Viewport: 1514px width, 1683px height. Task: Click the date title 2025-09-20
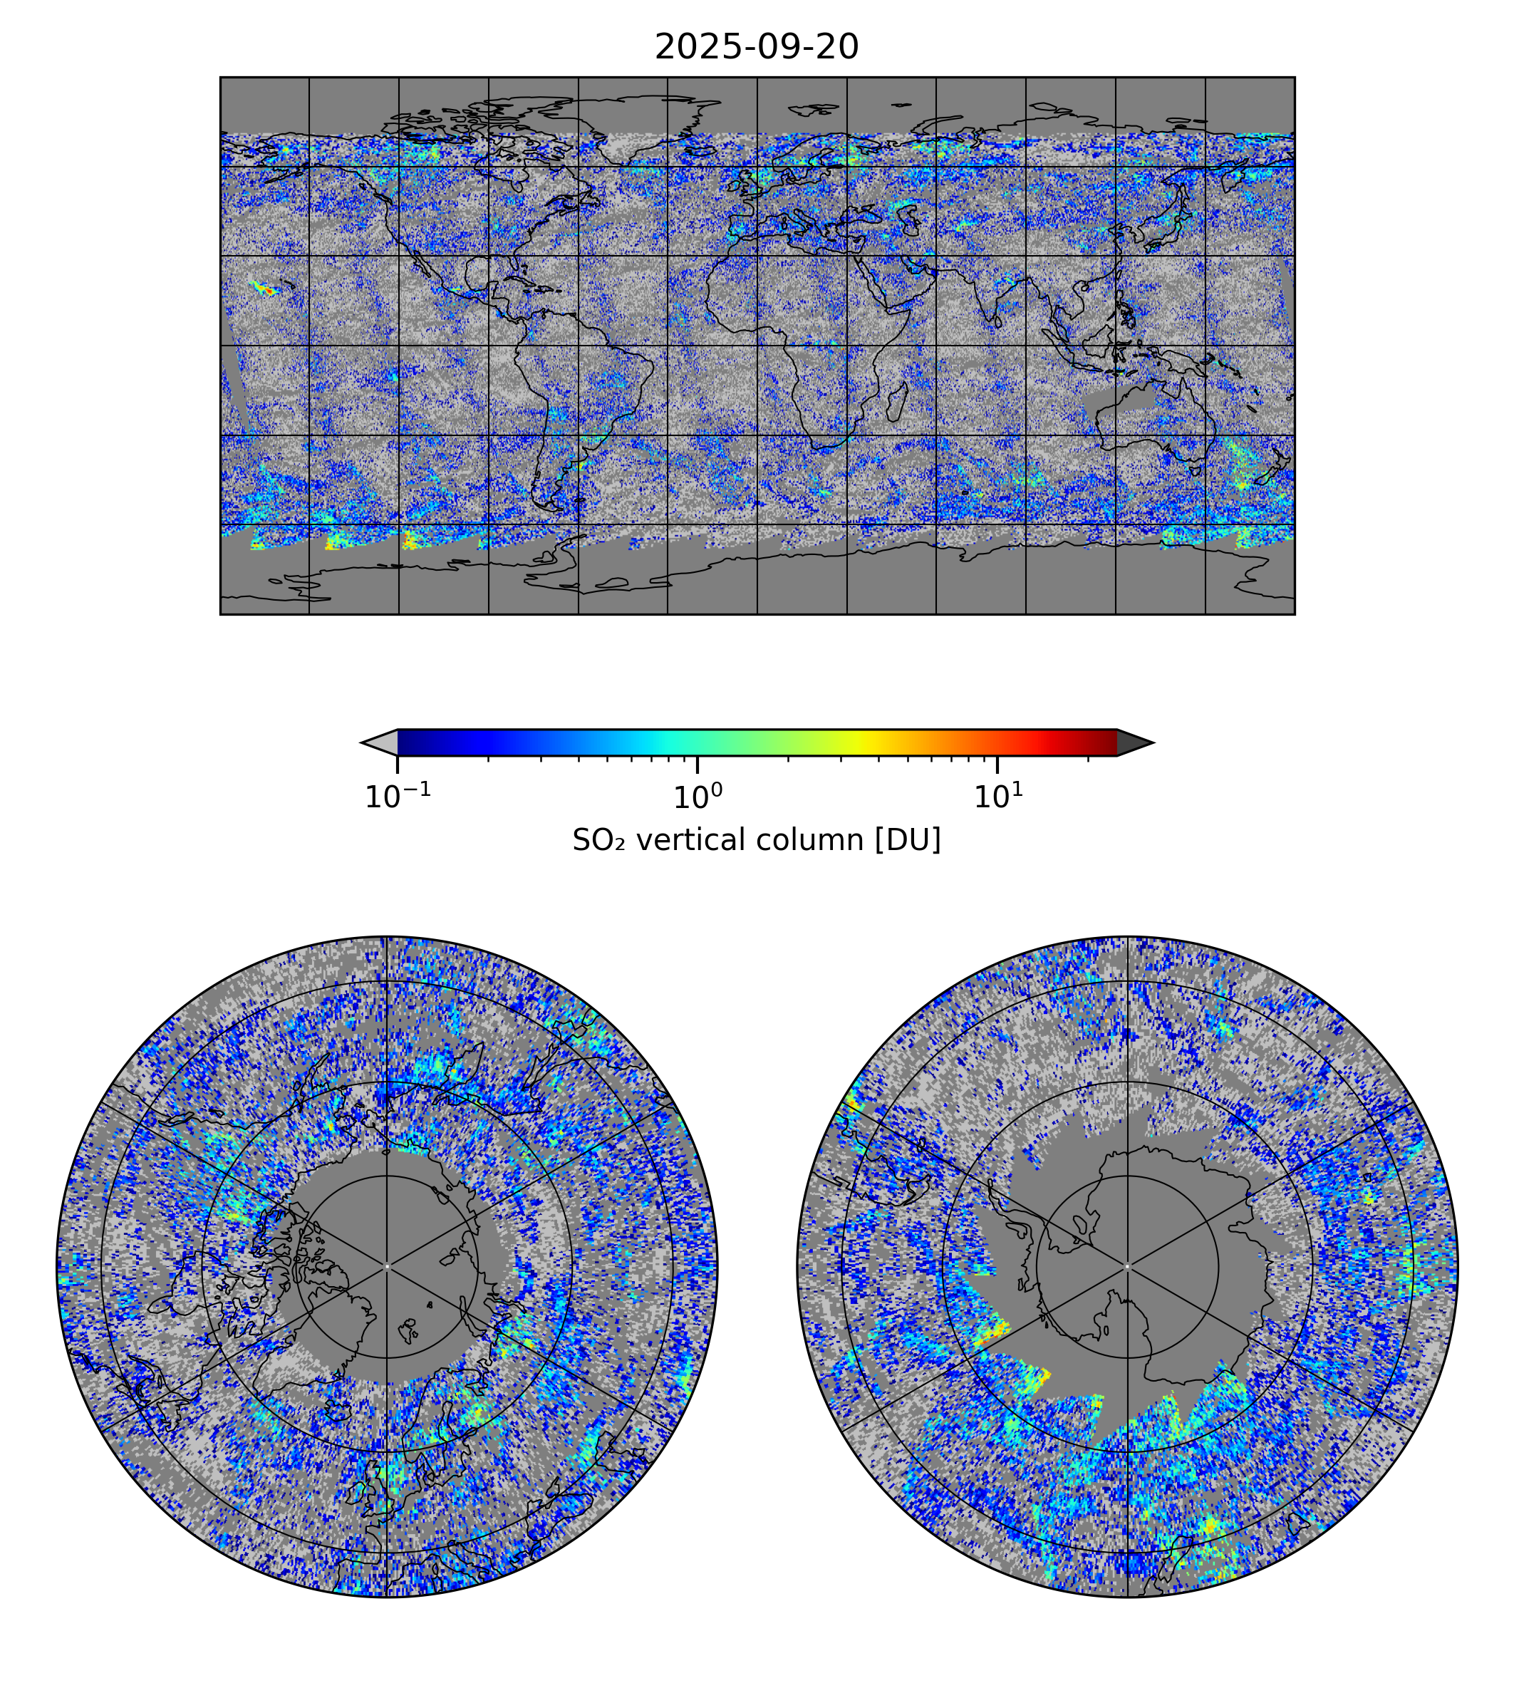[756, 48]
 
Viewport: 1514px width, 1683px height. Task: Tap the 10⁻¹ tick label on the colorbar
[398, 797]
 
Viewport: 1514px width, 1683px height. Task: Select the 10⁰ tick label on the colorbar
[697, 797]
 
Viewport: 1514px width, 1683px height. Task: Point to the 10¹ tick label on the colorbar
[997, 797]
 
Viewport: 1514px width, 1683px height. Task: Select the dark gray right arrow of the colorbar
[1134, 742]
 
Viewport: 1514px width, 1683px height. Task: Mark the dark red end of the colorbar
[1102, 742]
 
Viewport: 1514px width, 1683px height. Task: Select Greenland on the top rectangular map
[632, 125]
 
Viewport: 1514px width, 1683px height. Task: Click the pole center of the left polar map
[387, 1266]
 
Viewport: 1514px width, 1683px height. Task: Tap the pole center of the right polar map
[1127, 1266]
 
